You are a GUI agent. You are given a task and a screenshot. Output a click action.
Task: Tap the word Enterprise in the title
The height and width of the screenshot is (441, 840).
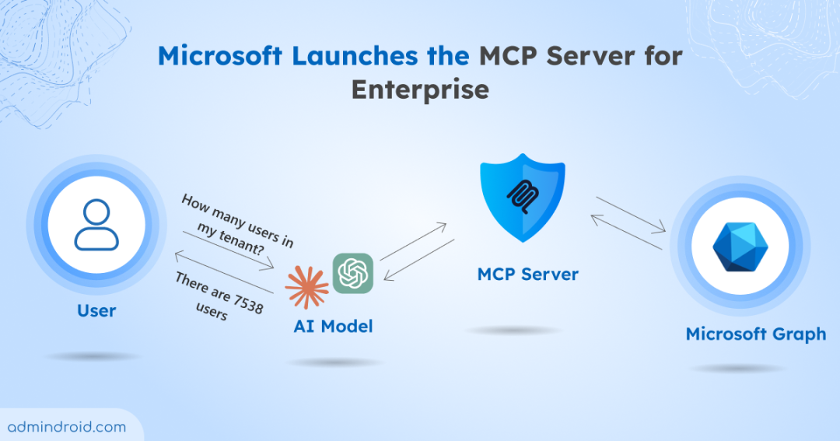tap(420, 89)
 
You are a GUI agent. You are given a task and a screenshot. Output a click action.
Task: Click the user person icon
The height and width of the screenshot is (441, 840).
tap(96, 226)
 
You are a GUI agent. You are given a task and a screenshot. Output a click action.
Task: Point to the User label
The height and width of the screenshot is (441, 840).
tap(96, 311)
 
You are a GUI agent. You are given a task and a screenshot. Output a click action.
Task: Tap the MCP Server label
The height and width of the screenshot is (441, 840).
tap(528, 275)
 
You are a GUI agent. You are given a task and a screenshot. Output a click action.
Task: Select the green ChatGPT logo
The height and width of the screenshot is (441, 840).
tap(353, 274)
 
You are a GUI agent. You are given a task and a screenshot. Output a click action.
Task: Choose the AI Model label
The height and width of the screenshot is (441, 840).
tap(333, 327)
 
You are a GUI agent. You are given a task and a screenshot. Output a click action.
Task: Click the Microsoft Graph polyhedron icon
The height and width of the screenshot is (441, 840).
tap(740, 247)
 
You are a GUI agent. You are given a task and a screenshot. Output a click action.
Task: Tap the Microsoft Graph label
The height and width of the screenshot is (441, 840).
tap(755, 334)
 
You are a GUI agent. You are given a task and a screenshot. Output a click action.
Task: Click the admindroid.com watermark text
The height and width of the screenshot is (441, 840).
tap(66, 426)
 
